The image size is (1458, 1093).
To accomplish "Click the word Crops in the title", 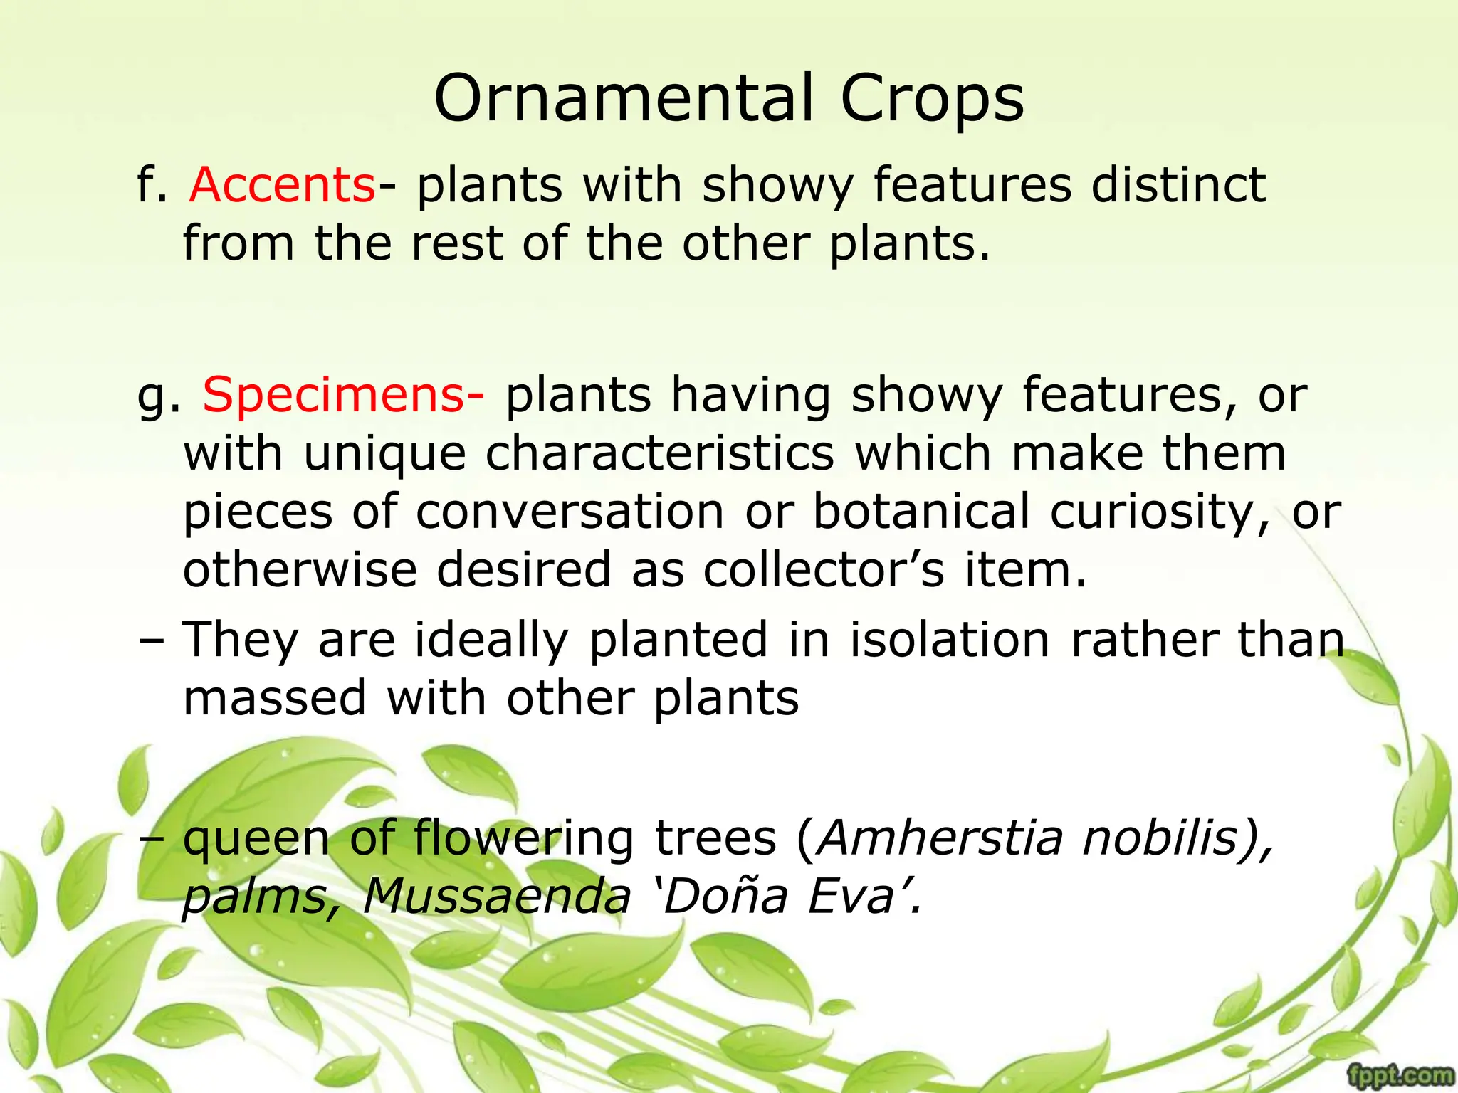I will point(932,100).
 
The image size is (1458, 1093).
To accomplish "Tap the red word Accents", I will point(282,185).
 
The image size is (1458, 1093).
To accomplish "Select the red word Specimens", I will point(334,395).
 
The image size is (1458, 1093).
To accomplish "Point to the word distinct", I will point(1178,185).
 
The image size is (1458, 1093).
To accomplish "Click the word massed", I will point(275,698).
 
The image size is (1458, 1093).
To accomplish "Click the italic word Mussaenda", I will point(497,896).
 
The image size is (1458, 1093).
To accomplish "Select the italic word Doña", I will point(725,896).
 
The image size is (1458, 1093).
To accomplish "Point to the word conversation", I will point(570,512).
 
